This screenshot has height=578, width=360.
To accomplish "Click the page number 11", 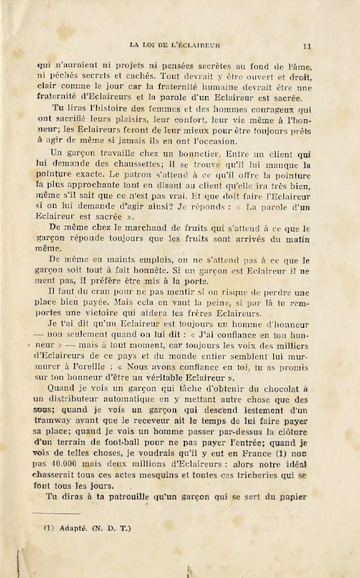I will click(x=306, y=46).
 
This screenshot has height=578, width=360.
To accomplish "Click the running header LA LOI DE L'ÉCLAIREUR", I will click(x=175, y=45).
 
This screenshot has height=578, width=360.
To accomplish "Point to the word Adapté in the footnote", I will click(x=73, y=528).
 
